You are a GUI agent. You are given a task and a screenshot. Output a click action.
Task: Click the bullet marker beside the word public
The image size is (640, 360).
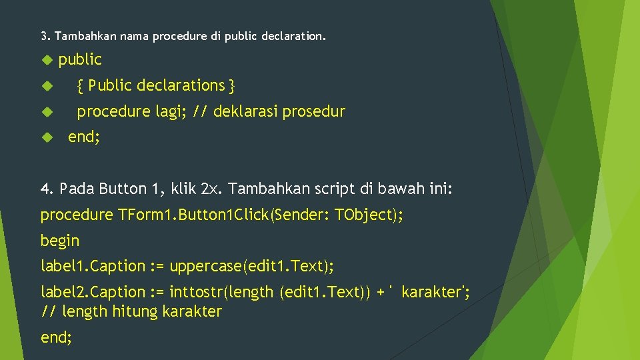46,60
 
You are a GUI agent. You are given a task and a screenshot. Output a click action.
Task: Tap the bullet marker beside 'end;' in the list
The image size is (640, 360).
46,138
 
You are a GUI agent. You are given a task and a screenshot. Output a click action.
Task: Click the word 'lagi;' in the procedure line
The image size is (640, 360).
171,112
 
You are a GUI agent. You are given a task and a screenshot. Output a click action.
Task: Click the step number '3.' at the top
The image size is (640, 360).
45,35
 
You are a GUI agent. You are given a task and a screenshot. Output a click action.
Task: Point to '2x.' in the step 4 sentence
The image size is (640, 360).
212,189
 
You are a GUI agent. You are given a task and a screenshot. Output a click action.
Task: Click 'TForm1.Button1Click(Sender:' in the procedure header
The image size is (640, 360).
224,215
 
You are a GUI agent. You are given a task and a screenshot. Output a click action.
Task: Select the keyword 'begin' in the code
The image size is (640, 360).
60,241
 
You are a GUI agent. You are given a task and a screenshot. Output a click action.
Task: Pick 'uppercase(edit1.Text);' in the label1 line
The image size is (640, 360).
252,267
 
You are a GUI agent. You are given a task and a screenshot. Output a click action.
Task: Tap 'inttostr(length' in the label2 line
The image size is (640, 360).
221,292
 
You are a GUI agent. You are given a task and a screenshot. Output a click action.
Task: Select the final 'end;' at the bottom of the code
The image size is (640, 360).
57,337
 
